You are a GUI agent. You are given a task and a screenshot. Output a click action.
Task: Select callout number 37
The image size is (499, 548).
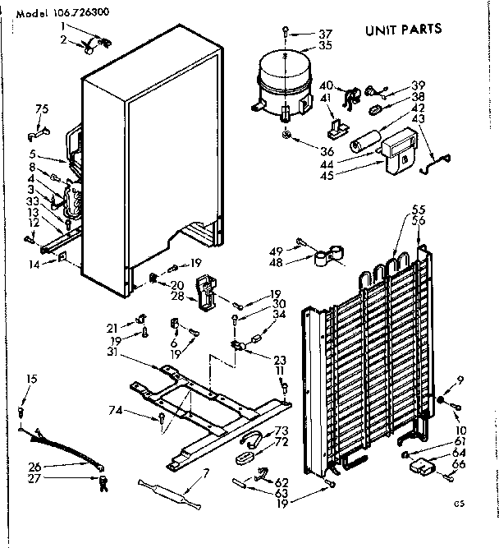point(302,33)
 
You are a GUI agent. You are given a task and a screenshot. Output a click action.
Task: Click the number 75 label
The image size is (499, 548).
point(42,108)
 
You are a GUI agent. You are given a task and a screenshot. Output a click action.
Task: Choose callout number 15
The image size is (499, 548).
point(31,379)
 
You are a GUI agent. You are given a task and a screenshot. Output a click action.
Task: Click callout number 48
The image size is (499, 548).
point(275,263)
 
